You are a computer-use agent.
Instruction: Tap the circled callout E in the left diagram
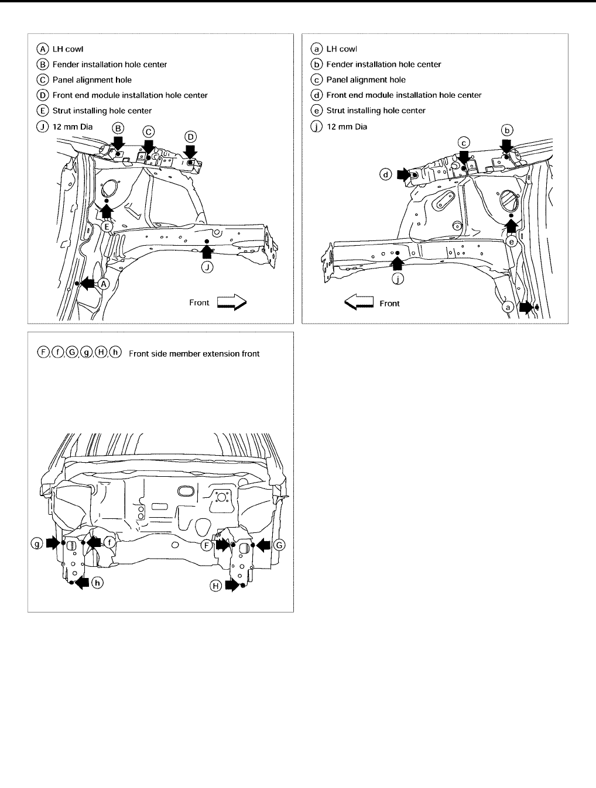coord(107,226)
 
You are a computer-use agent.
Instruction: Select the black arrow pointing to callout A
coord(87,284)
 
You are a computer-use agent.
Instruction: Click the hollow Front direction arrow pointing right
coord(232,302)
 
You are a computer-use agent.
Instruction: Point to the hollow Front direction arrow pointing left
coord(359,303)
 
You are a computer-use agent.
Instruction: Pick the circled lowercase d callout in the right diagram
coord(386,174)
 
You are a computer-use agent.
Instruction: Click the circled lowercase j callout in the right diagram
coord(398,279)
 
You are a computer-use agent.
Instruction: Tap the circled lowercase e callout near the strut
coord(512,241)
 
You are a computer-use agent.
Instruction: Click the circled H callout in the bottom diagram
coord(216,586)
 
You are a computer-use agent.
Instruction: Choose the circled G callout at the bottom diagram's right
coord(279,545)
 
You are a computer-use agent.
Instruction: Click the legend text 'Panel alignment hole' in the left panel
coord(92,80)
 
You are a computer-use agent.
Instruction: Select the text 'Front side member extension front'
coord(194,353)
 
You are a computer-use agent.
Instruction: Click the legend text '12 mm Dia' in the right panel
coord(347,126)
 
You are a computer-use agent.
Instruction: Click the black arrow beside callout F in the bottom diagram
coord(222,545)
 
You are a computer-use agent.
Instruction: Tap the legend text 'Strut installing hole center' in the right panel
coord(375,111)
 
